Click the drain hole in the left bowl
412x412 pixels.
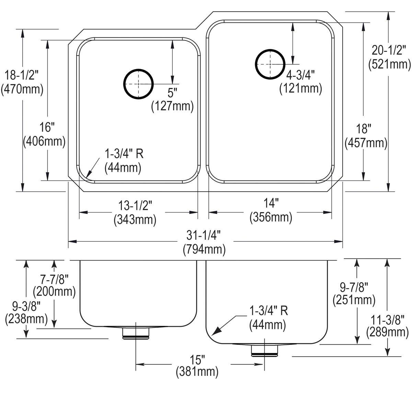(x=138, y=84)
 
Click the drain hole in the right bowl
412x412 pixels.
(x=270, y=64)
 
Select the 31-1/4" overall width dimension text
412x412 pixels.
(x=204, y=236)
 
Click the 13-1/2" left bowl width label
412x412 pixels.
(x=135, y=205)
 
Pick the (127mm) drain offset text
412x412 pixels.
(x=172, y=106)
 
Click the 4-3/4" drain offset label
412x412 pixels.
(x=300, y=75)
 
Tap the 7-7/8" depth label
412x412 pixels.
(x=54, y=278)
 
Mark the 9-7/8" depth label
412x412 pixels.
(x=354, y=286)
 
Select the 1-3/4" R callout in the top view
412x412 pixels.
(x=124, y=153)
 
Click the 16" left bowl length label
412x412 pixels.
(x=47, y=127)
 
